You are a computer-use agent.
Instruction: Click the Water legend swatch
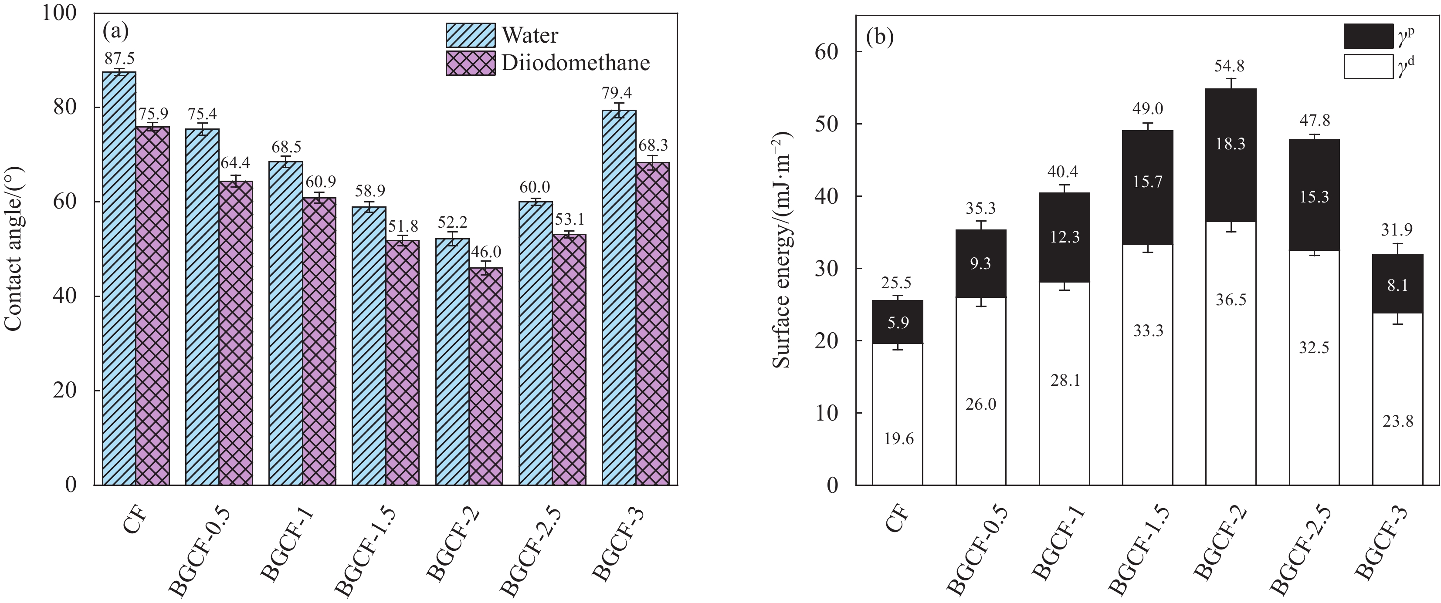[x=471, y=35]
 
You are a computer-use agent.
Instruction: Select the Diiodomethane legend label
[x=575, y=63]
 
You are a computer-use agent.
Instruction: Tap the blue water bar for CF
[x=119, y=280]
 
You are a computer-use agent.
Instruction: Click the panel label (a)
[x=116, y=31]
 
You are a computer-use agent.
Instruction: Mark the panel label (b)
[x=880, y=37]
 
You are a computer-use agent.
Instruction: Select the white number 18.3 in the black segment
[x=1230, y=144]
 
